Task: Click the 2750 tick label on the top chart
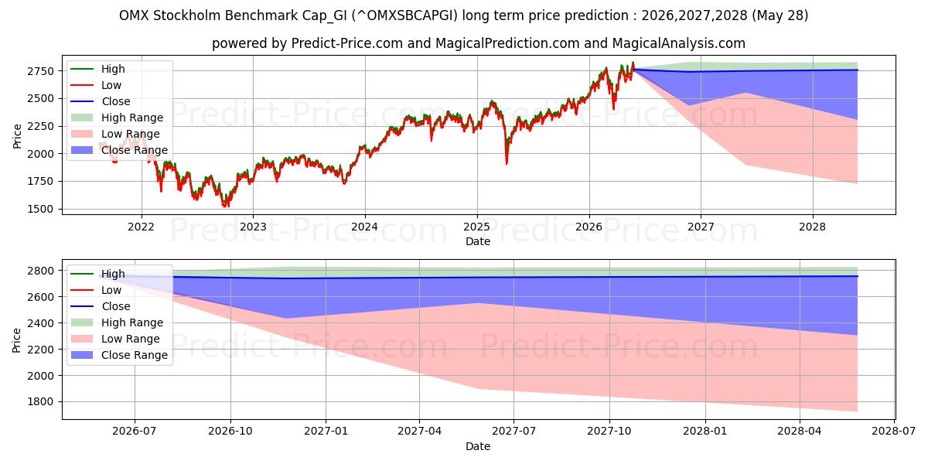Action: point(40,71)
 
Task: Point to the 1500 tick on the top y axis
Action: point(40,210)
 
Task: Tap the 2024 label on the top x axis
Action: point(364,227)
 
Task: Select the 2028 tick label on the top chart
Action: point(813,227)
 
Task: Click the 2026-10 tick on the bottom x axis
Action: point(230,432)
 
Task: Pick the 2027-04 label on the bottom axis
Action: point(419,432)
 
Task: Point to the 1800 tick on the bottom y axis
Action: point(40,402)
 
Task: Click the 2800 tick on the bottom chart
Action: point(40,271)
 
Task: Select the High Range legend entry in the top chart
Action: point(118,118)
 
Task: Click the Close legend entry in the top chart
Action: point(101,101)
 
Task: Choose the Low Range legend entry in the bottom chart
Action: point(115,339)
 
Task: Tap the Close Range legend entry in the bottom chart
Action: point(119,355)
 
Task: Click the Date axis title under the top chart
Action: point(478,241)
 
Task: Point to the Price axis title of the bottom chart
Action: point(16,340)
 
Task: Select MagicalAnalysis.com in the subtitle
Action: point(679,43)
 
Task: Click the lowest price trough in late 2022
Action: point(225,205)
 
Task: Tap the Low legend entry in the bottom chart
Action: point(96,290)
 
